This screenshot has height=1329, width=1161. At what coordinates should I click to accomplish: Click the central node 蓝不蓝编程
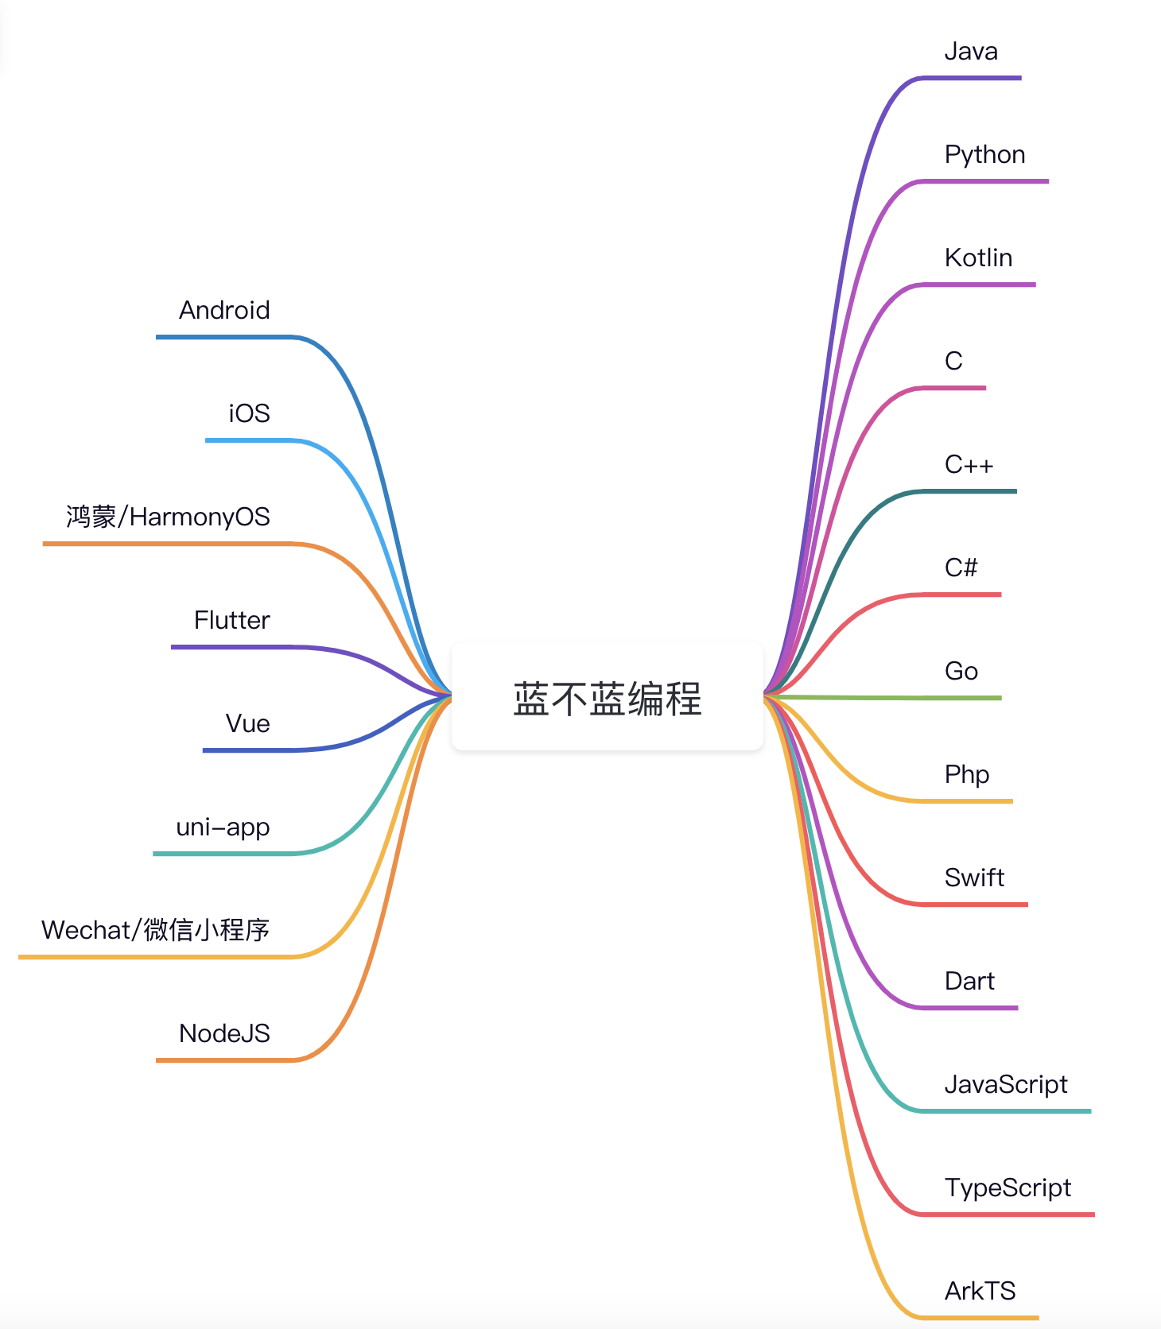607,699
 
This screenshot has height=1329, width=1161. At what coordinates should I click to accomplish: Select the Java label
971,52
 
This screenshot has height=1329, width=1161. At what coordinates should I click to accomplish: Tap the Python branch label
984,155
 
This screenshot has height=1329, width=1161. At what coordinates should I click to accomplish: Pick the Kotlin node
978,258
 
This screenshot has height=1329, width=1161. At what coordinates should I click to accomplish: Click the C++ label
969,465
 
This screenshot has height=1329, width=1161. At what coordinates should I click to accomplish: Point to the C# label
961,568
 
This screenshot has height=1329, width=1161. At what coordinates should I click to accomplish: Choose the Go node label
961,672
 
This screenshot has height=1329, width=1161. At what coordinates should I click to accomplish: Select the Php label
967,775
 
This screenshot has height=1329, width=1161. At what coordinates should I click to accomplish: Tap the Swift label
974,878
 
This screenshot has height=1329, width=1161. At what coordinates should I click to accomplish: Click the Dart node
969,982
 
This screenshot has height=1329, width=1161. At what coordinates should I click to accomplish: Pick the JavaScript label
1006,1085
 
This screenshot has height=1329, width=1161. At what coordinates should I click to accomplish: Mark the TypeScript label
1008,1188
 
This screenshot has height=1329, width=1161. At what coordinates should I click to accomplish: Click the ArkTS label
980,1292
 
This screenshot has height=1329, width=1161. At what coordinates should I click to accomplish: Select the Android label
224,311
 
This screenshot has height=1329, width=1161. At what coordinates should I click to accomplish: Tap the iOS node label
249,414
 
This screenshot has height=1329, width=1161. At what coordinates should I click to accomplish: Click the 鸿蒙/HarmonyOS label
168,517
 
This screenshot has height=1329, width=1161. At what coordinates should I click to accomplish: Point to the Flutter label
231,621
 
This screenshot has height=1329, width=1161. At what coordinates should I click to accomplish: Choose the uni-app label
223,827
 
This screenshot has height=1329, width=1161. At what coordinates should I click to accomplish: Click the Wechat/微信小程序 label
155,931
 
